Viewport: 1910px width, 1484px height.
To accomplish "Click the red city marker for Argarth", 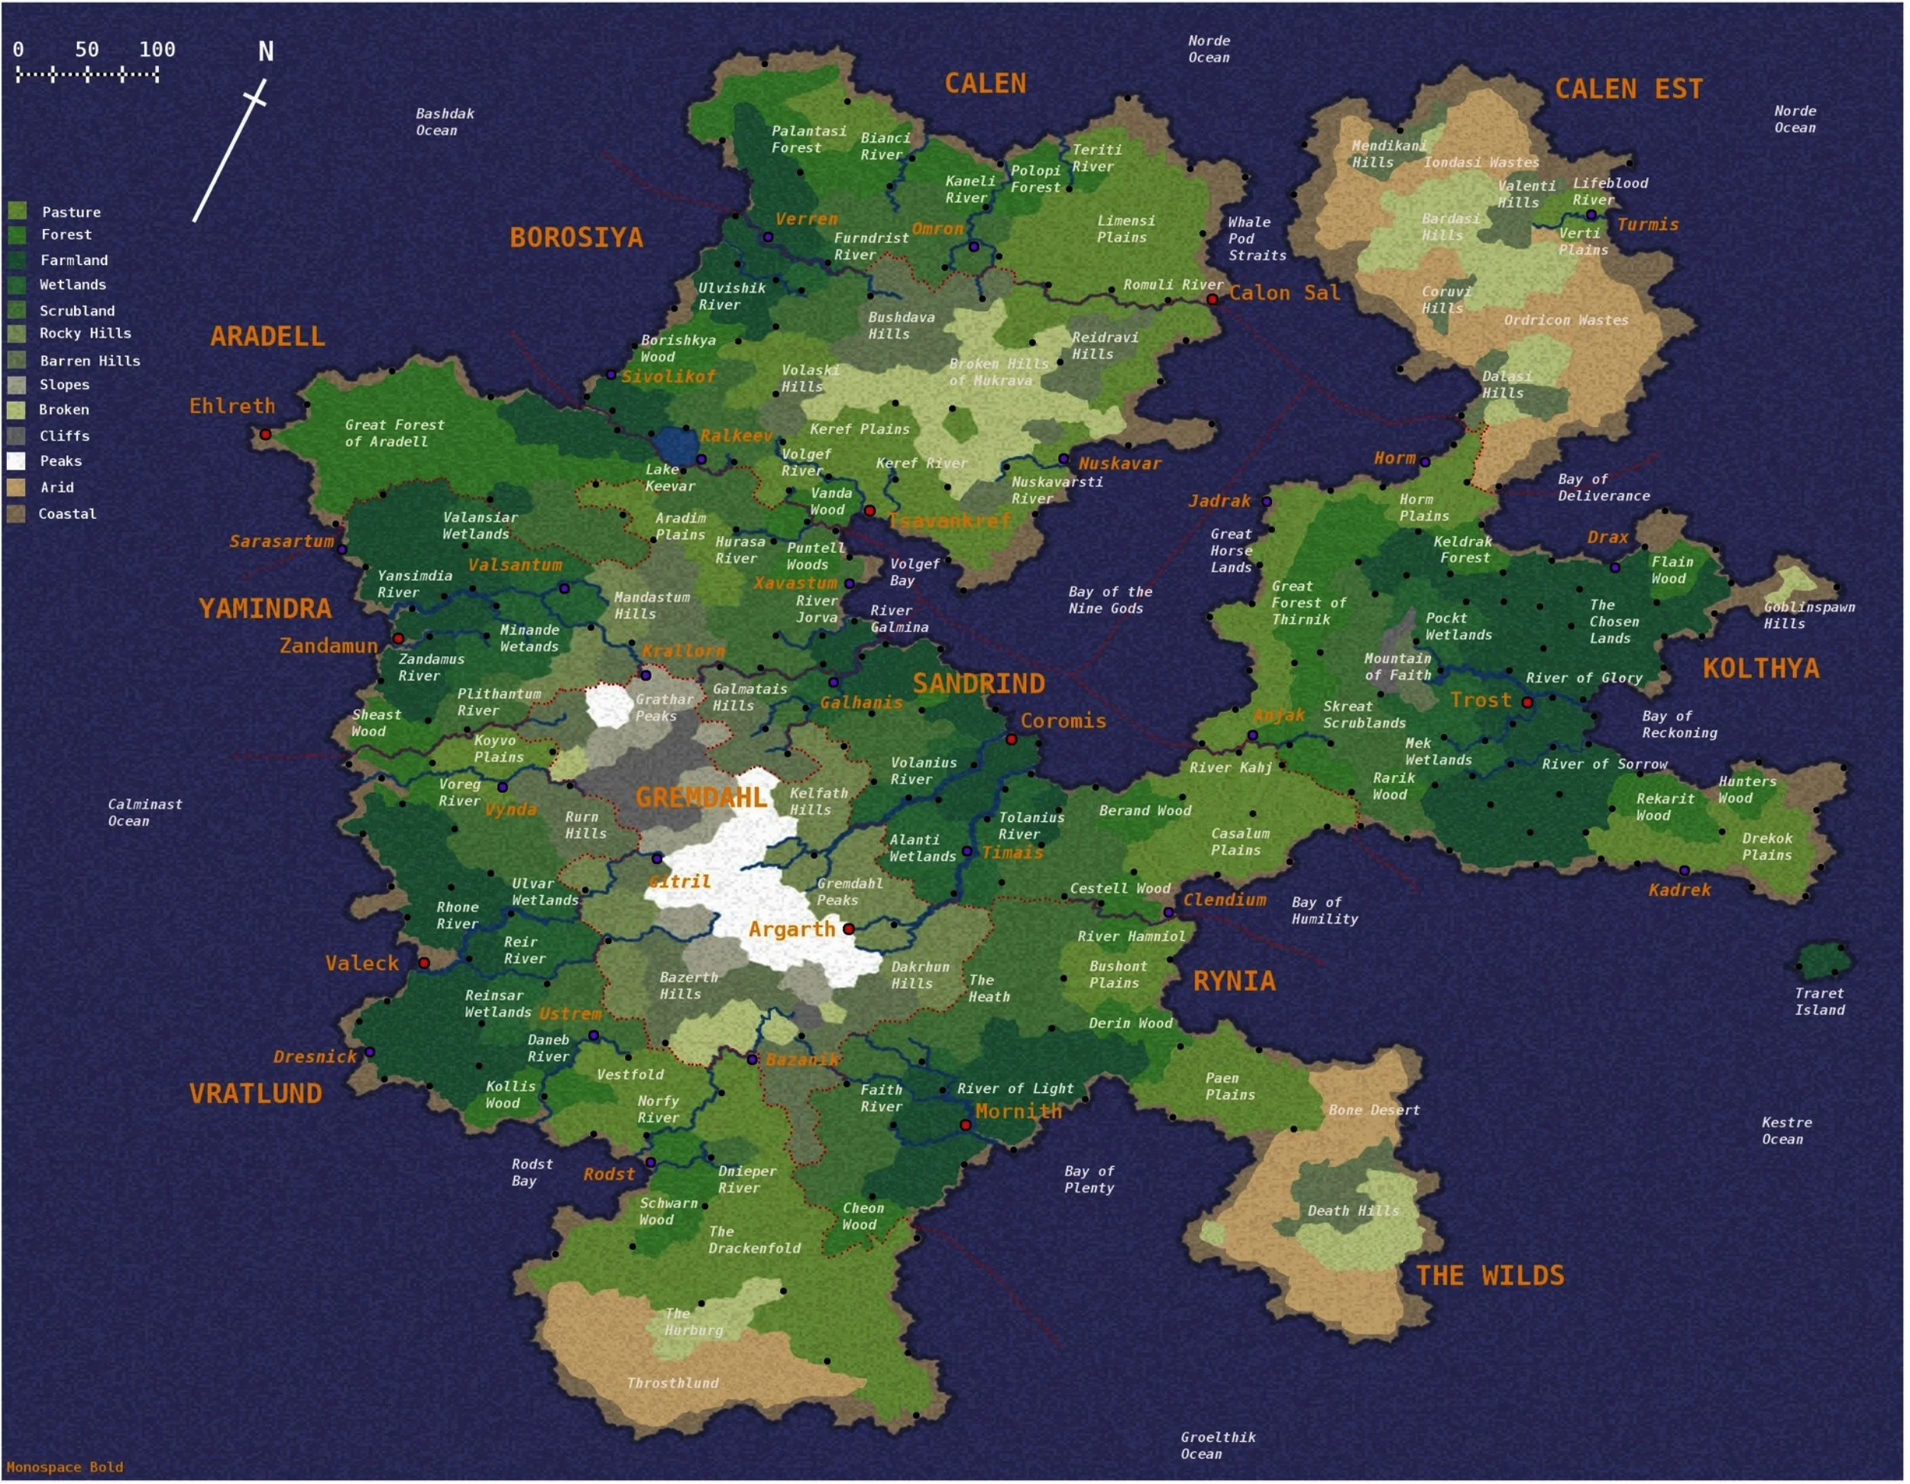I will tap(848, 929).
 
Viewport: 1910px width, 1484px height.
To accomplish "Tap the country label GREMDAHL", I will tap(701, 797).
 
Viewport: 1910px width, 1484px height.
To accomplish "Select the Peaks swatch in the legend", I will tap(17, 461).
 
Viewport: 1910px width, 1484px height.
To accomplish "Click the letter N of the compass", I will tap(266, 52).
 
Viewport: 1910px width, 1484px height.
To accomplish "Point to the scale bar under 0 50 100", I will tap(87, 75).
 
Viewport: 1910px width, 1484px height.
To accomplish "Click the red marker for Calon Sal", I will tap(1212, 299).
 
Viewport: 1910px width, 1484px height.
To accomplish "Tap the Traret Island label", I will tap(1819, 1001).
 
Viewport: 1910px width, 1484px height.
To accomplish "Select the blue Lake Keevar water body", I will tap(675, 445).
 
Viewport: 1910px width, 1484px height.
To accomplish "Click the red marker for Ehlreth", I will tap(265, 434).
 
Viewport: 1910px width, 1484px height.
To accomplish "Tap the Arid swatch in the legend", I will tap(17, 487).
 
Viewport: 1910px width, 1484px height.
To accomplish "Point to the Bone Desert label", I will tap(1373, 1110).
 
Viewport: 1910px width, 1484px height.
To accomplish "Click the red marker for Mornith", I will tap(966, 1124).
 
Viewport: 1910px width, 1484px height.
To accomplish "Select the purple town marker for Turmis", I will tap(1591, 215).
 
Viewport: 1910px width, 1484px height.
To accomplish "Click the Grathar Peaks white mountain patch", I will tap(609, 705).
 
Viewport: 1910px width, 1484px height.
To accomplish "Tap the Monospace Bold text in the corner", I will tap(65, 1467).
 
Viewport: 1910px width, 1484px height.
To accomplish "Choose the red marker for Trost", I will tap(1527, 702).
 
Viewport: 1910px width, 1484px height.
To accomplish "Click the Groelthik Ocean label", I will tap(1216, 1446).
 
